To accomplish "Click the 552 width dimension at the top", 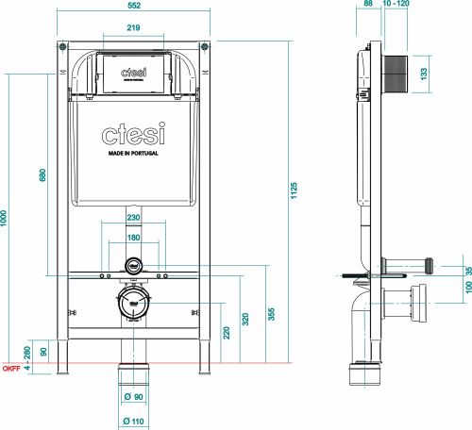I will click(x=134, y=6).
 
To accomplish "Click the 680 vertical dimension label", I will click(x=43, y=176).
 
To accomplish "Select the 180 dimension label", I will click(x=134, y=238).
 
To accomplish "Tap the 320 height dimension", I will click(x=246, y=320).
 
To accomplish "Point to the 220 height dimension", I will click(x=227, y=332).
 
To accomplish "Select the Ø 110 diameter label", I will click(x=133, y=421).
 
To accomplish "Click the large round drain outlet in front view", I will click(x=134, y=305).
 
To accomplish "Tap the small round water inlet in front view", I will click(x=134, y=266).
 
